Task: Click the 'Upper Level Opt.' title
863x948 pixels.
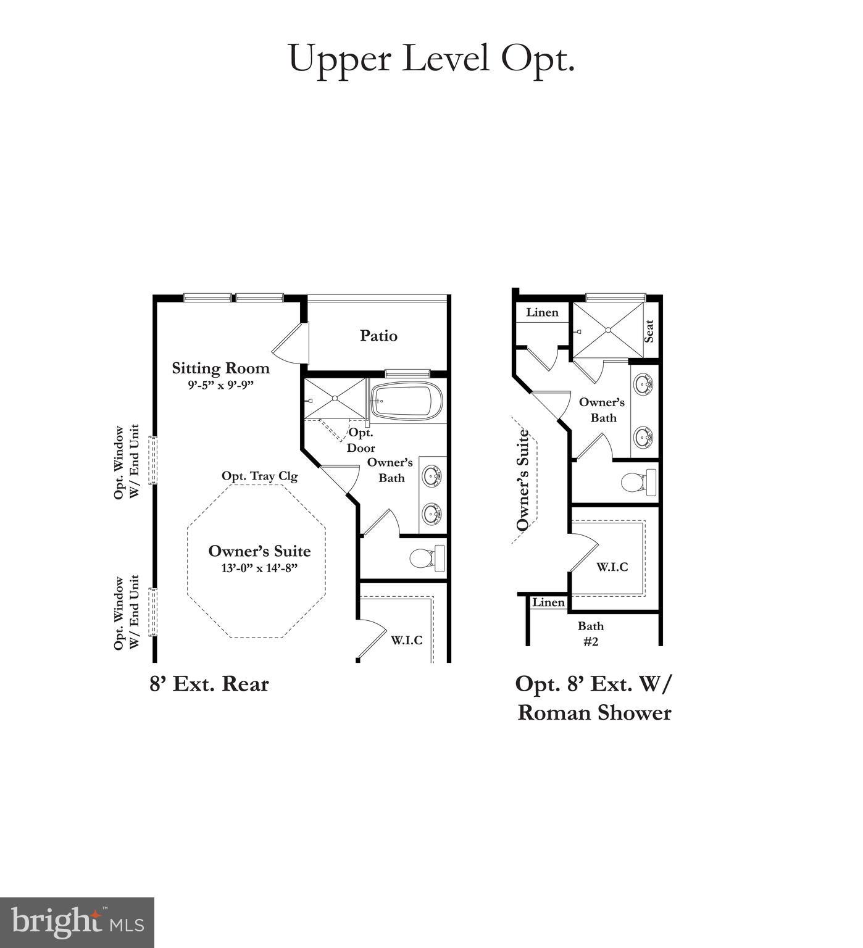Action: point(431,59)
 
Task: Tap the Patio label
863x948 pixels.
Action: point(378,336)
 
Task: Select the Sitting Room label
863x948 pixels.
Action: point(220,368)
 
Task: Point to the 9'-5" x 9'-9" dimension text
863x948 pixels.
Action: point(221,385)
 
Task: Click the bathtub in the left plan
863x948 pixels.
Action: point(407,401)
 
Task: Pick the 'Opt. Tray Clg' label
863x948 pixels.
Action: point(259,476)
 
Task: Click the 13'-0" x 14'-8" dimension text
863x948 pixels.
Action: point(259,568)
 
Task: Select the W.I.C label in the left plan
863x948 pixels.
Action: point(406,640)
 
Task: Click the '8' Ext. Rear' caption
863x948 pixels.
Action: point(209,684)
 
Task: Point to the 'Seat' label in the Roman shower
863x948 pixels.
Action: point(649,331)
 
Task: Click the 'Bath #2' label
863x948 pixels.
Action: point(591,633)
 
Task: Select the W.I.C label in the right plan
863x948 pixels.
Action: point(612,567)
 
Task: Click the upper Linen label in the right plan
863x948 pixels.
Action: point(542,312)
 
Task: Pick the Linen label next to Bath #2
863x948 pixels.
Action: point(548,602)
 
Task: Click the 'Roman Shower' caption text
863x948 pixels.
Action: point(594,713)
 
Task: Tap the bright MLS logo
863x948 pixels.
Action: point(77,922)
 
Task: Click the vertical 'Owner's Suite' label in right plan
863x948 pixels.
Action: point(523,480)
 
